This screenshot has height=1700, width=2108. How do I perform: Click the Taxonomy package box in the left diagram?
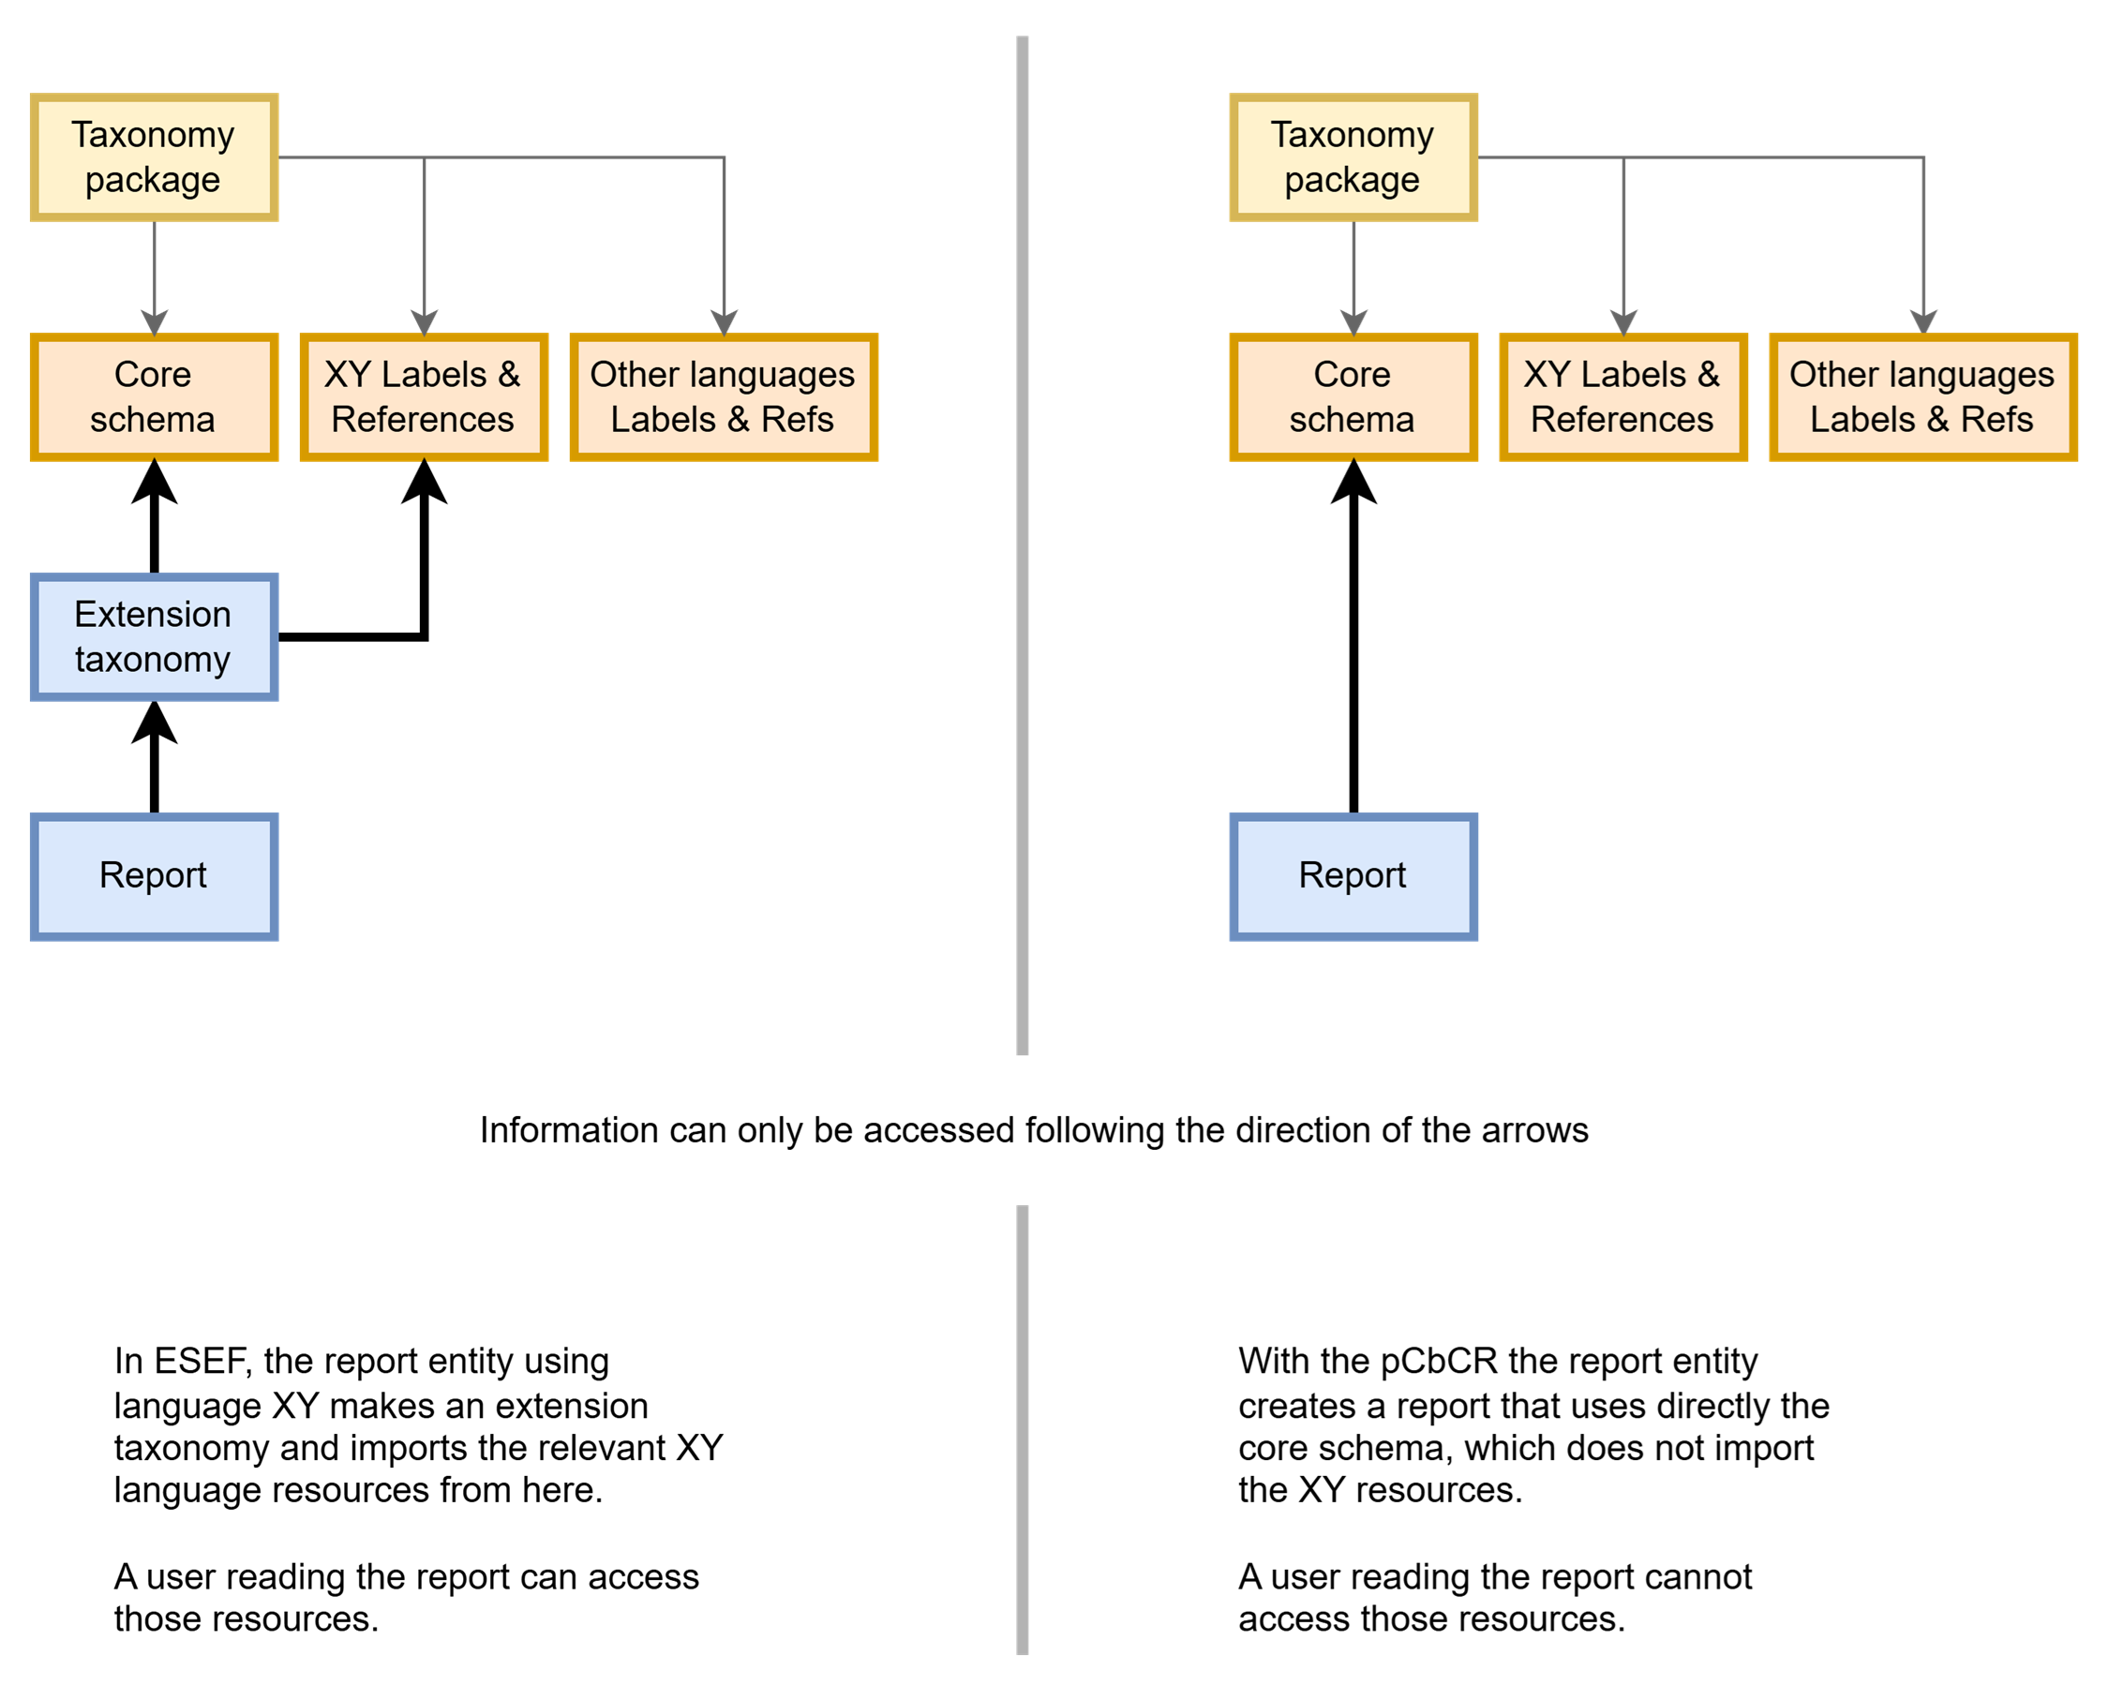tap(154, 157)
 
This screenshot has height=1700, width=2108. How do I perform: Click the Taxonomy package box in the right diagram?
tap(1353, 157)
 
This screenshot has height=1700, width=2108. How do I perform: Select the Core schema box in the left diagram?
tap(154, 396)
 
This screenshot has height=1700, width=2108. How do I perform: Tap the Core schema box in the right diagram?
tap(1353, 396)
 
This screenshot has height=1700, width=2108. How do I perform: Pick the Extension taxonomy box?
tap(154, 636)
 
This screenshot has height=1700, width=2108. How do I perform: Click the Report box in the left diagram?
tap(154, 875)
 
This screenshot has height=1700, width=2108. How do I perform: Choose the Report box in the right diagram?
tap(1353, 875)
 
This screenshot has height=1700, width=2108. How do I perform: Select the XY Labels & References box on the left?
tap(423, 396)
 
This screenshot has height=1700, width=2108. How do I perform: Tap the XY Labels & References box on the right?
tap(1622, 396)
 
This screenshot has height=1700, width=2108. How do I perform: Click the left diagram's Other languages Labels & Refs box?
tap(723, 396)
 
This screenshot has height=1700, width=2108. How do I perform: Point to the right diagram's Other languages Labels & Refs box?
tap(1921, 396)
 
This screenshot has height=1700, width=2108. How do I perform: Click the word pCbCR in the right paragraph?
tap(1439, 1361)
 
